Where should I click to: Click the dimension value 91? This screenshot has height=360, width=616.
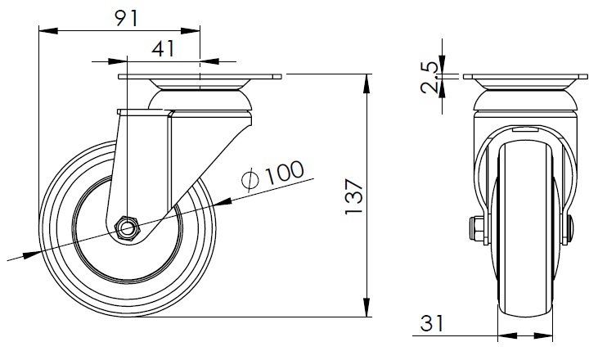tap(127, 19)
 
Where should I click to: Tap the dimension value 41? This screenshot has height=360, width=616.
tap(163, 49)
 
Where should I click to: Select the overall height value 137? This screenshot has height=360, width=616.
tap(353, 196)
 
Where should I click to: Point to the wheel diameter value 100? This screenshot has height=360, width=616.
tap(285, 172)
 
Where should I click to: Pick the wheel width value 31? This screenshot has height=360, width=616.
tap(432, 323)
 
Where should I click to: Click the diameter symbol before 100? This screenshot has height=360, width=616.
tap(251, 180)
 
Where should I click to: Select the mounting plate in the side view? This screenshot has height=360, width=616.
tap(200, 77)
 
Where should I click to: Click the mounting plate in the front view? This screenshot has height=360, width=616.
tap(525, 77)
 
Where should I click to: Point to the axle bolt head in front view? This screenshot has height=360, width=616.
tap(476, 228)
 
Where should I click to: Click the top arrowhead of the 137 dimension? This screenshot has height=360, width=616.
tap(366, 83)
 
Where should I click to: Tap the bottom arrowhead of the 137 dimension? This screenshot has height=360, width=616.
tap(366, 307)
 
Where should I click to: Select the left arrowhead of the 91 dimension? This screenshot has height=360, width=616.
tap(48, 30)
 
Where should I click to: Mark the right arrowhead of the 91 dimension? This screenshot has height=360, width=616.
tap(190, 30)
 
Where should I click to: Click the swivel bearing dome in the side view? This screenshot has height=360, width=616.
tap(200, 100)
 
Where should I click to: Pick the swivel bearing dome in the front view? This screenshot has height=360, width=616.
tap(526, 100)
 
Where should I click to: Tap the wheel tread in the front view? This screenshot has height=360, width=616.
tap(525, 229)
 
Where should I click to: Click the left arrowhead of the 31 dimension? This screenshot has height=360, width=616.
tap(507, 336)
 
